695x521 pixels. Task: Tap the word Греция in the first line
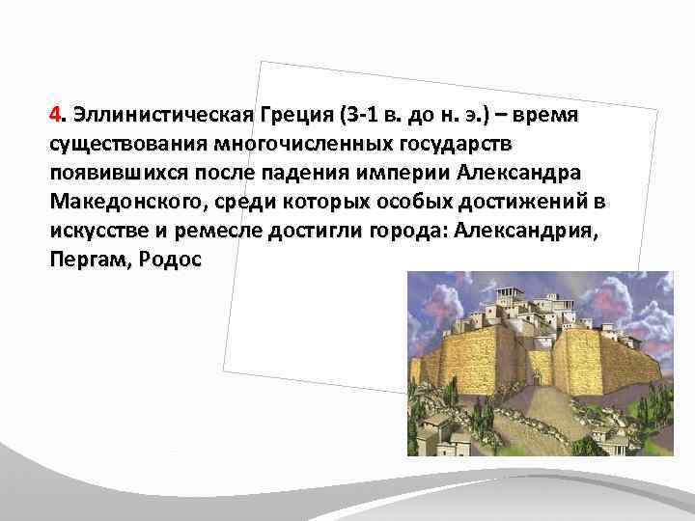(292, 118)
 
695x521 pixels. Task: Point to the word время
(547, 118)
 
